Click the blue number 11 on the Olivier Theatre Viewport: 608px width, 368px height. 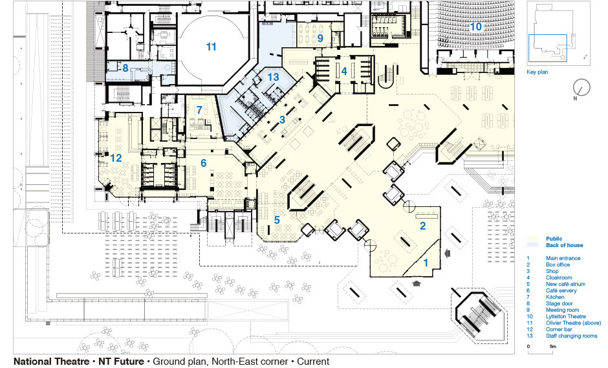211,47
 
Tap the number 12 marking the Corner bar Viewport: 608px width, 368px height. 116,158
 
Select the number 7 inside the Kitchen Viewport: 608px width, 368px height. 199,110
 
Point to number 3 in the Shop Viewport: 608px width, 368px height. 282,120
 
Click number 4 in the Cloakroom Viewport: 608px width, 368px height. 344,71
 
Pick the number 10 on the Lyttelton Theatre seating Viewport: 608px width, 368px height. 476,27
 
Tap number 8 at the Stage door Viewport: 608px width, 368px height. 125,69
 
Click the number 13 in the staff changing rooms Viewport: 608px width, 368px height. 274,77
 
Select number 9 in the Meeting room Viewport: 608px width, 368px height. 320,38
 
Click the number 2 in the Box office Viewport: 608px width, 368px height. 422,226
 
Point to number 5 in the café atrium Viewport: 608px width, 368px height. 277,221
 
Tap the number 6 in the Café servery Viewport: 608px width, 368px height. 204,163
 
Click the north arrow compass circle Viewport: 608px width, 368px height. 581,87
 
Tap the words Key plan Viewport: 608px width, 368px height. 537,72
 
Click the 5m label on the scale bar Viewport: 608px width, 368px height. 553,346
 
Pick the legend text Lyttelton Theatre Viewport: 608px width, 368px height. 566,316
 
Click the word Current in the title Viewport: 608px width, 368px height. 313,362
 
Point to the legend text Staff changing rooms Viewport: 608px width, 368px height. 572,336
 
